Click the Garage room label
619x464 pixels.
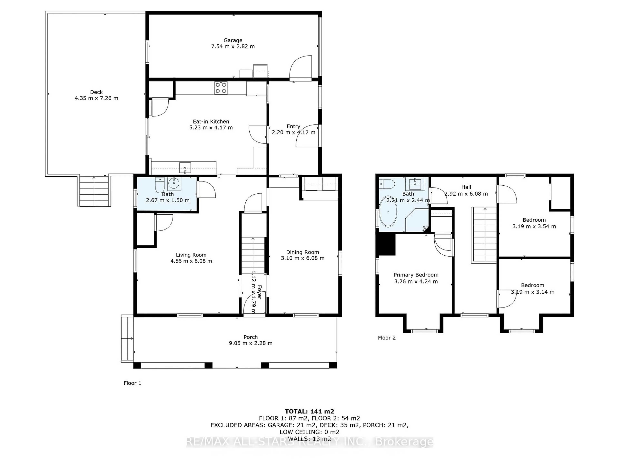[x=233, y=40]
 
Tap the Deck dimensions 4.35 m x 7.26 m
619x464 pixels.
[x=96, y=98]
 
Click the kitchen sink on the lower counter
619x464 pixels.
[x=185, y=168]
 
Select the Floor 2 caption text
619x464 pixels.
[x=387, y=338]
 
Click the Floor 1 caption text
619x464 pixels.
[x=132, y=383]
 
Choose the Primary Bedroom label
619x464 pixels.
[x=416, y=275]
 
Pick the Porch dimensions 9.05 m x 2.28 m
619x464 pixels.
[x=251, y=343]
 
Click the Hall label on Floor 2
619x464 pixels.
[x=466, y=187]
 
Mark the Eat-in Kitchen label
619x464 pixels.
[x=211, y=121]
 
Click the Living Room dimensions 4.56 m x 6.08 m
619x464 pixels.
[x=191, y=261]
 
